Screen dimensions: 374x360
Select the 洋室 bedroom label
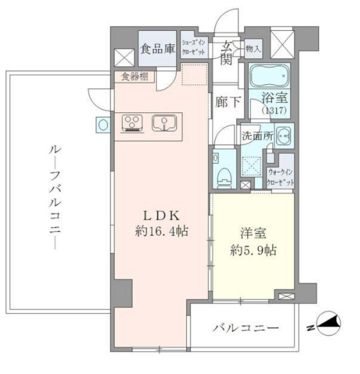(249, 233)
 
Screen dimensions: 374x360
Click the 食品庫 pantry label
(158, 49)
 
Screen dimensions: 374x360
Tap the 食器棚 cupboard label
(133, 77)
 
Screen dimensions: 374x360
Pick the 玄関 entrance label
(226, 51)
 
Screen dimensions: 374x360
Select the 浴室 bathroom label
(274, 99)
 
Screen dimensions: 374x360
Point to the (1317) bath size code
(274, 111)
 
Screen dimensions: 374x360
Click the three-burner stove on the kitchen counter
(132, 123)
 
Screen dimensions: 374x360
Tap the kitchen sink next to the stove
(163, 123)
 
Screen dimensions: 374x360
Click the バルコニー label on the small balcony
(245, 328)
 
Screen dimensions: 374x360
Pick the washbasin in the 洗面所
(284, 136)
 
